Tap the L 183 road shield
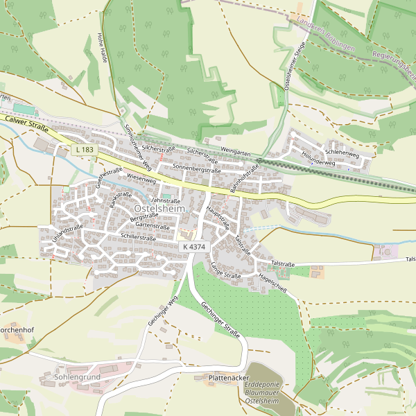[x=84, y=150]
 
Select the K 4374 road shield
[x=193, y=247]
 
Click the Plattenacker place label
[x=229, y=378]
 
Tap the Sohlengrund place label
[x=77, y=376]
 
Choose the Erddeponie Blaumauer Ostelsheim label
[x=262, y=393]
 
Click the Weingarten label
[x=235, y=151]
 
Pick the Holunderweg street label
[x=318, y=159]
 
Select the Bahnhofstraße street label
[x=244, y=178]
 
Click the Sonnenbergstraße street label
[x=196, y=168]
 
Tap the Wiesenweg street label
[x=142, y=177]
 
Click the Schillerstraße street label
[x=138, y=237]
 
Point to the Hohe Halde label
[x=103, y=48]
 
